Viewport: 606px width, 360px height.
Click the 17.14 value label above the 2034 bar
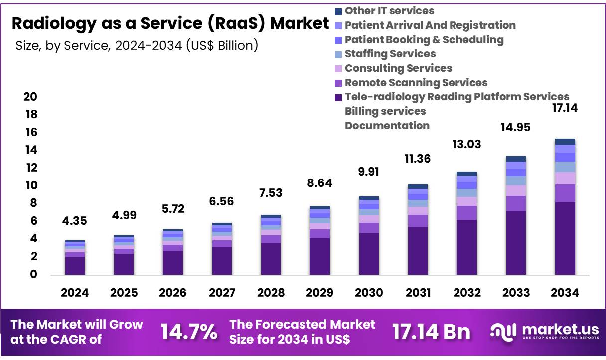(565, 108)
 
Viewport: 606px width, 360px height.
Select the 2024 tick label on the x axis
(75, 293)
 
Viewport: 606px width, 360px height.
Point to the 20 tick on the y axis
(30, 97)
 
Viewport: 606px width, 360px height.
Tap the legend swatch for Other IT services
(339, 11)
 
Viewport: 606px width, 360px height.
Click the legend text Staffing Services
(390, 54)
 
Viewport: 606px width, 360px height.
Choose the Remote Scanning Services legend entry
(416, 83)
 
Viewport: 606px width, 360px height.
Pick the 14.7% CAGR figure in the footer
(188, 332)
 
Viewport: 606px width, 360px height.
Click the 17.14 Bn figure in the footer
(431, 332)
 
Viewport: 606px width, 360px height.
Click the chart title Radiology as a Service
(170, 23)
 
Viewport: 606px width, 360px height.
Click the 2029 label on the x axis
(320, 293)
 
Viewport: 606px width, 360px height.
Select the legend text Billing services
(385, 111)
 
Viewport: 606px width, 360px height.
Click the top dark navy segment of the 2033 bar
(516, 159)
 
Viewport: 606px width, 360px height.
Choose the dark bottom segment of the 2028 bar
(271, 259)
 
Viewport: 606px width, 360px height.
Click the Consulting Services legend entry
(398, 68)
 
